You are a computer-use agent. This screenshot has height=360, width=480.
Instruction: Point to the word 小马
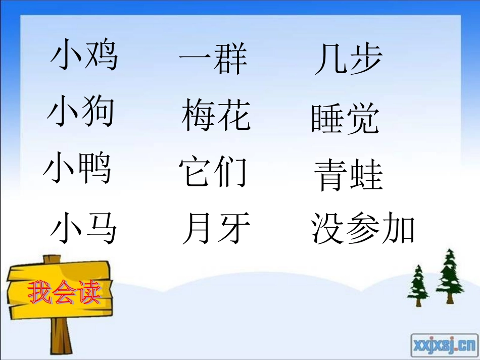(x=84, y=228)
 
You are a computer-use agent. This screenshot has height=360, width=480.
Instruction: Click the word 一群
(x=213, y=59)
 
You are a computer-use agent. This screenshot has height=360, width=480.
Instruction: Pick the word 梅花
(x=216, y=115)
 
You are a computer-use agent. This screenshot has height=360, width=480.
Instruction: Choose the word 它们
(x=213, y=172)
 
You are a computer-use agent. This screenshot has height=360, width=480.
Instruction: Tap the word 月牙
(x=216, y=229)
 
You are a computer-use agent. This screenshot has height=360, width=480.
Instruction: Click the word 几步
(x=348, y=59)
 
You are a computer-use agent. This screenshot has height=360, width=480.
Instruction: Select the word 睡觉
(x=345, y=119)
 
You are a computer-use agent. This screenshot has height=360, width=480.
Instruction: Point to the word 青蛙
(x=349, y=175)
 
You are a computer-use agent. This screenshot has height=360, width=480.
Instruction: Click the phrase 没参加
(x=363, y=229)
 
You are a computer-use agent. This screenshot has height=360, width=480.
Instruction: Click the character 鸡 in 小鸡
(x=101, y=55)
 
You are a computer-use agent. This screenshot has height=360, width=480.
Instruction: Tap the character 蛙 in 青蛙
(x=366, y=176)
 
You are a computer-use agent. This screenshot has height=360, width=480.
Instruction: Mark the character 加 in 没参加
(x=399, y=229)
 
